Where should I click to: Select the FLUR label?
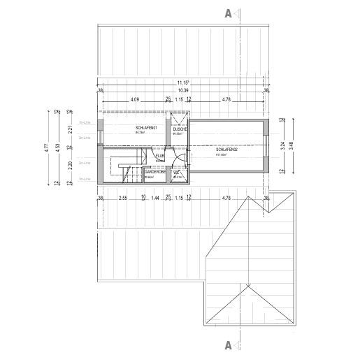[x=159, y=157]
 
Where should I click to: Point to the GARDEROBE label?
[x=154, y=172]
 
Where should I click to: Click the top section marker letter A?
[x=228, y=13]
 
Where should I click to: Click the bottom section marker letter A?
[x=228, y=345]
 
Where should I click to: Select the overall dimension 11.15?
[x=184, y=83]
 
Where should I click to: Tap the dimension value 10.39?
[x=184, y=91]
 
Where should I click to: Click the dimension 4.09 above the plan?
[x=135, y=100]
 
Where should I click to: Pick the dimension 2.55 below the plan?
[x=122, y=199]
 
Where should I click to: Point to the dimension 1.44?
[x=156, y=199]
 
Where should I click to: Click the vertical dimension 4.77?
[x=47, y=147]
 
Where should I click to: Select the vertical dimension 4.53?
[x=57, y=147]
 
